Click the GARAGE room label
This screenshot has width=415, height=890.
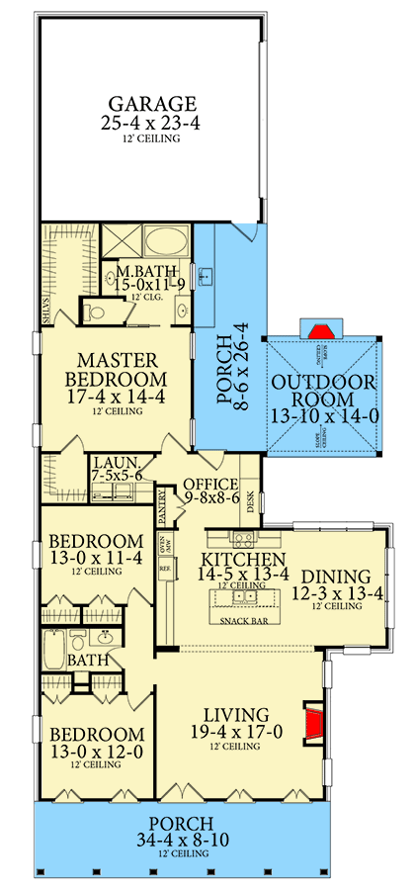(152, 103)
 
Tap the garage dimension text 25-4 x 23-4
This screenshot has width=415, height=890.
(152, 123)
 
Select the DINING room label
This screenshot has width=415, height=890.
(336, 577)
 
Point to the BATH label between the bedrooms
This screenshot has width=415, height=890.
(81, 660)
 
